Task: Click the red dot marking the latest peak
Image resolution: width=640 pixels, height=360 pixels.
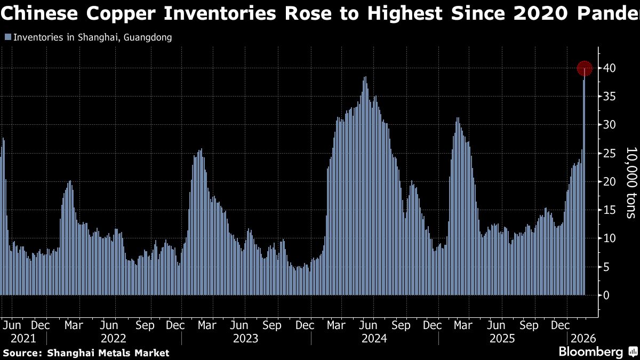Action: pyautogui.click(x=585, y=68)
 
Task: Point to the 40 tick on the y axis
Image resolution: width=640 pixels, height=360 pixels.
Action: pyautogui.click(x=609, y=68)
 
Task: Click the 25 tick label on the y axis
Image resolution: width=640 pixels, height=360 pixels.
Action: pyautogui.click(x=609, y=154)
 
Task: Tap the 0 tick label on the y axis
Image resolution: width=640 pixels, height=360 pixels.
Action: pyautogui.click(x=606, y=295)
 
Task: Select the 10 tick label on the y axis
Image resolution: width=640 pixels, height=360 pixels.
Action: pyautogui.click(x=609, y=238)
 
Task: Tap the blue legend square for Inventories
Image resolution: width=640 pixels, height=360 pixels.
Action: pyautogui.click(x=7, y=37)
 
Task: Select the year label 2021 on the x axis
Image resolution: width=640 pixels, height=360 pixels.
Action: pyautogui.click(x=23, y=338)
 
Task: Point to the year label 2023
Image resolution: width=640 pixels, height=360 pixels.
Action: pyautogui.click(x=245, y=338)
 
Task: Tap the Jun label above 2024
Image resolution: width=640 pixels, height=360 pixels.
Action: pyautogui.click(x=369, y=325)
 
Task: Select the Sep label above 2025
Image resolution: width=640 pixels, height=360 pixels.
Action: pyautogui.click(x=530, y=325)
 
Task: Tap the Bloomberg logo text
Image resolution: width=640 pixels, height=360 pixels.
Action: pyautogui.click(x=590, y=352)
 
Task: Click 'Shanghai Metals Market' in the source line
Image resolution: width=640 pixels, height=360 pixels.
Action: pyautogui.click(x=108, y=353)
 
